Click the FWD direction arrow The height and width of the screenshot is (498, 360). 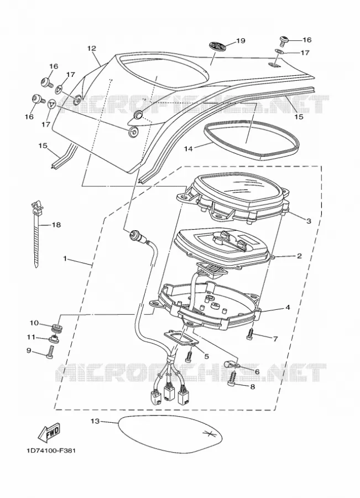click(49, 433)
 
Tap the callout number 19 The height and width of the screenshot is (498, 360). click(241, 40)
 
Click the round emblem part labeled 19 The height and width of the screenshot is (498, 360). click(217, 46)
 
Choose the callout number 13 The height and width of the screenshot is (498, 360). click(95, 421)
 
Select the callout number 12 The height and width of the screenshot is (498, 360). click(91, 49)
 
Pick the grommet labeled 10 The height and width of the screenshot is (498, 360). click(56, 328)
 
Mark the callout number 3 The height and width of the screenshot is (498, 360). click(309, 221)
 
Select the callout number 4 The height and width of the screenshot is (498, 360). click(288, 308)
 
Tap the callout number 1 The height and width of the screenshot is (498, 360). click(65, 259)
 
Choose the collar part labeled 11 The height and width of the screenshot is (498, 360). click(55, 340)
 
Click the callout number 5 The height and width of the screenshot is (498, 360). click(207, 356)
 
